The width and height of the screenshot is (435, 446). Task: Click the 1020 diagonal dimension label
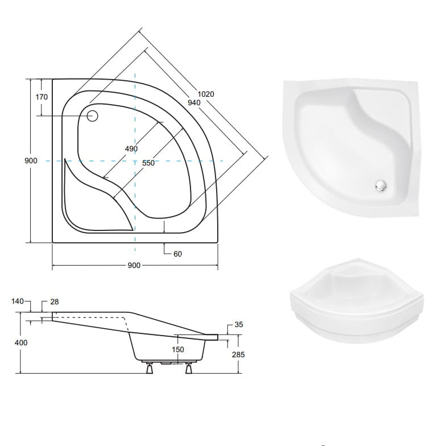pos(206,94)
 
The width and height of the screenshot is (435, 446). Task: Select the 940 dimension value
pos(194,102)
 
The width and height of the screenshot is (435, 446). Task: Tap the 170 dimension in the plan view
pos(42,97)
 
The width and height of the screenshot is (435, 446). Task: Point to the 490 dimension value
pos(131,148)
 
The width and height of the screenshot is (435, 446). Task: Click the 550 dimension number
pos(148,163)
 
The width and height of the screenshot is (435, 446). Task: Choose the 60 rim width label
pos(177,254)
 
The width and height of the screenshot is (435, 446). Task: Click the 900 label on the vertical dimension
pos(31,160)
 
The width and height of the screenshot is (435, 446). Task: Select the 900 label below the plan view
pos(134,265)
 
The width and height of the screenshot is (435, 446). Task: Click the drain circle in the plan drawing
pos(92,116)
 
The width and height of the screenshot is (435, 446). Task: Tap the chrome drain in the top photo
pos(381,185)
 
